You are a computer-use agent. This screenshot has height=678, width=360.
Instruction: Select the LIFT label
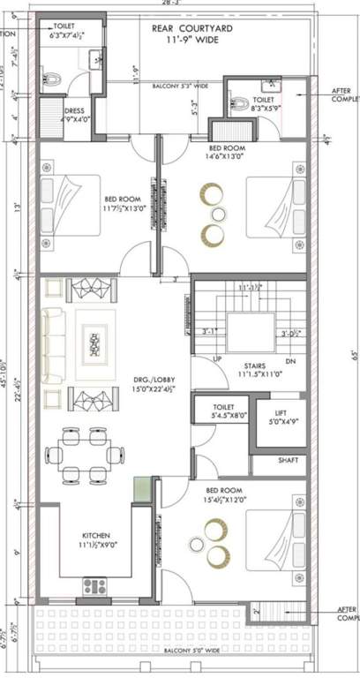(x=280, y=412)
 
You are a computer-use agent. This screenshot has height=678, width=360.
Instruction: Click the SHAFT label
(x=288, y=459)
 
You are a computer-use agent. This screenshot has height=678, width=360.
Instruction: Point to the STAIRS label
(x=257, y=363)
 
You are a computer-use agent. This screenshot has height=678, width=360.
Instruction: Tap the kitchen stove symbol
(x=94, y=584)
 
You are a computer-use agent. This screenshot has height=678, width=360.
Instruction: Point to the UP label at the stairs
(x=218, y=359)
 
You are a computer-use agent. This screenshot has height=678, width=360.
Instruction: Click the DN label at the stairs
(x=290, y=362)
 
